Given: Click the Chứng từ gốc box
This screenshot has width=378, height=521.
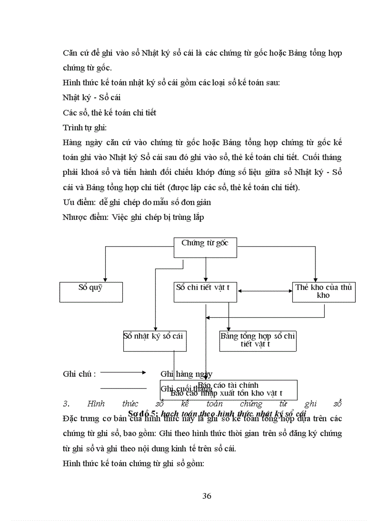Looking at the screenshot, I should (205, 247).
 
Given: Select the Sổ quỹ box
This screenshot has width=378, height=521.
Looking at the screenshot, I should (91, 292).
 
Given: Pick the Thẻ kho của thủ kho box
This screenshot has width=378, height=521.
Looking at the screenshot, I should (324, 292).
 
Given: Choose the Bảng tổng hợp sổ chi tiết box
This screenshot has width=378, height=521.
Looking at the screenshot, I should (258, 341).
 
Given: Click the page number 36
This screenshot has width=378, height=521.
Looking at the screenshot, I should (207, 496).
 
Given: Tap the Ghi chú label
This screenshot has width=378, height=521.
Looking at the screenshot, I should (79, 373).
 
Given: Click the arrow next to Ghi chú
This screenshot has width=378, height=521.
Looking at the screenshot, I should (123, 372).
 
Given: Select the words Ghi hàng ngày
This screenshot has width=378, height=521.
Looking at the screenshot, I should (186, 373).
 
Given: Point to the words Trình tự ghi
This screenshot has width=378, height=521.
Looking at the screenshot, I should (85, 127).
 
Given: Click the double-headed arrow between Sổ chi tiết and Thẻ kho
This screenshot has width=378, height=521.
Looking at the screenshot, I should (265, 291).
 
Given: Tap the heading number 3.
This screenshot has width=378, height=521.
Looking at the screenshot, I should (65, 403).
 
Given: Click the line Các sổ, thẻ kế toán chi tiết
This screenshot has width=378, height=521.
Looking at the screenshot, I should (109, 113).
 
